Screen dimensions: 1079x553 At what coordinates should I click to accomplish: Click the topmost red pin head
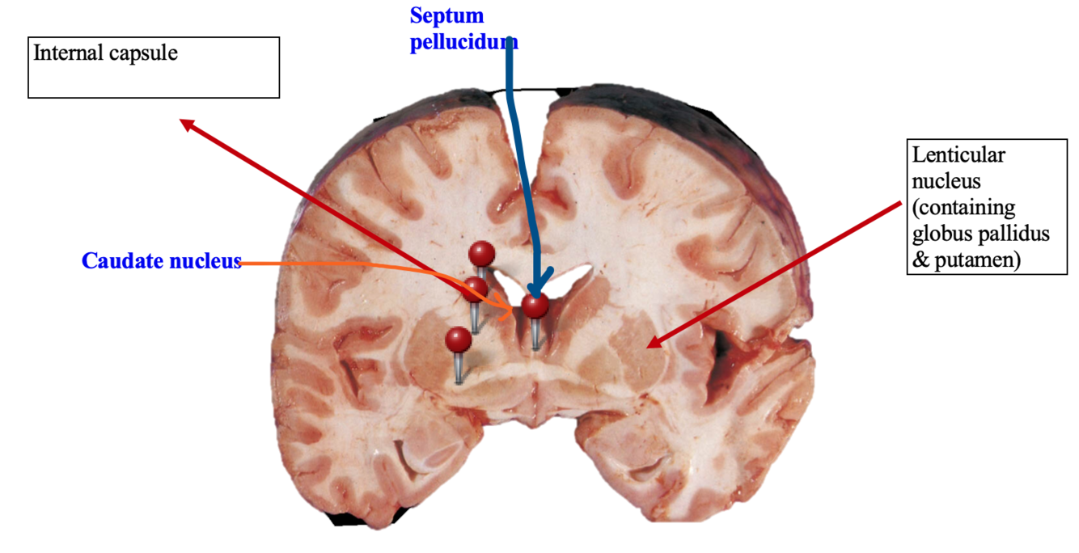pos(482,253)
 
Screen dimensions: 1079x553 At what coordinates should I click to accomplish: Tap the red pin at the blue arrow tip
pos(535,306)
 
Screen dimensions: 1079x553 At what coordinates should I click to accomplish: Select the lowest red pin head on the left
pos(459,339)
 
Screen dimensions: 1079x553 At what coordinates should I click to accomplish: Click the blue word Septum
pos(446,15)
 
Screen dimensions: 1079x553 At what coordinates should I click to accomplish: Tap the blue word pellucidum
pos(463,42)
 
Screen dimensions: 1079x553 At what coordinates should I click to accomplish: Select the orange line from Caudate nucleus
pos(364,264)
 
